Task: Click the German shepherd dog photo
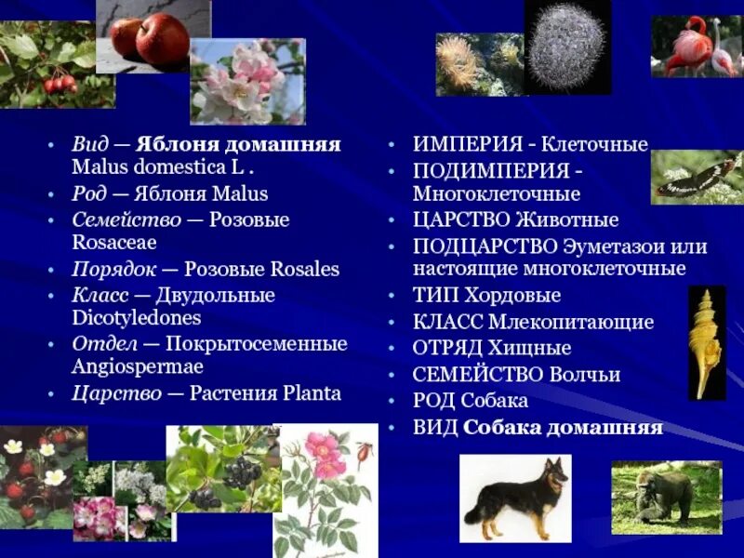(x=515, y=498)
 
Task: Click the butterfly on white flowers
(x=696, y=178)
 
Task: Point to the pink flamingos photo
(x=696, y=46)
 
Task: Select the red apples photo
(x=150, y=37)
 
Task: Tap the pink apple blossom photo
(x=247, y=82)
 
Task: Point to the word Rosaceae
(x=114, y=243)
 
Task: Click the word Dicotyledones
(x=136, y=317)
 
